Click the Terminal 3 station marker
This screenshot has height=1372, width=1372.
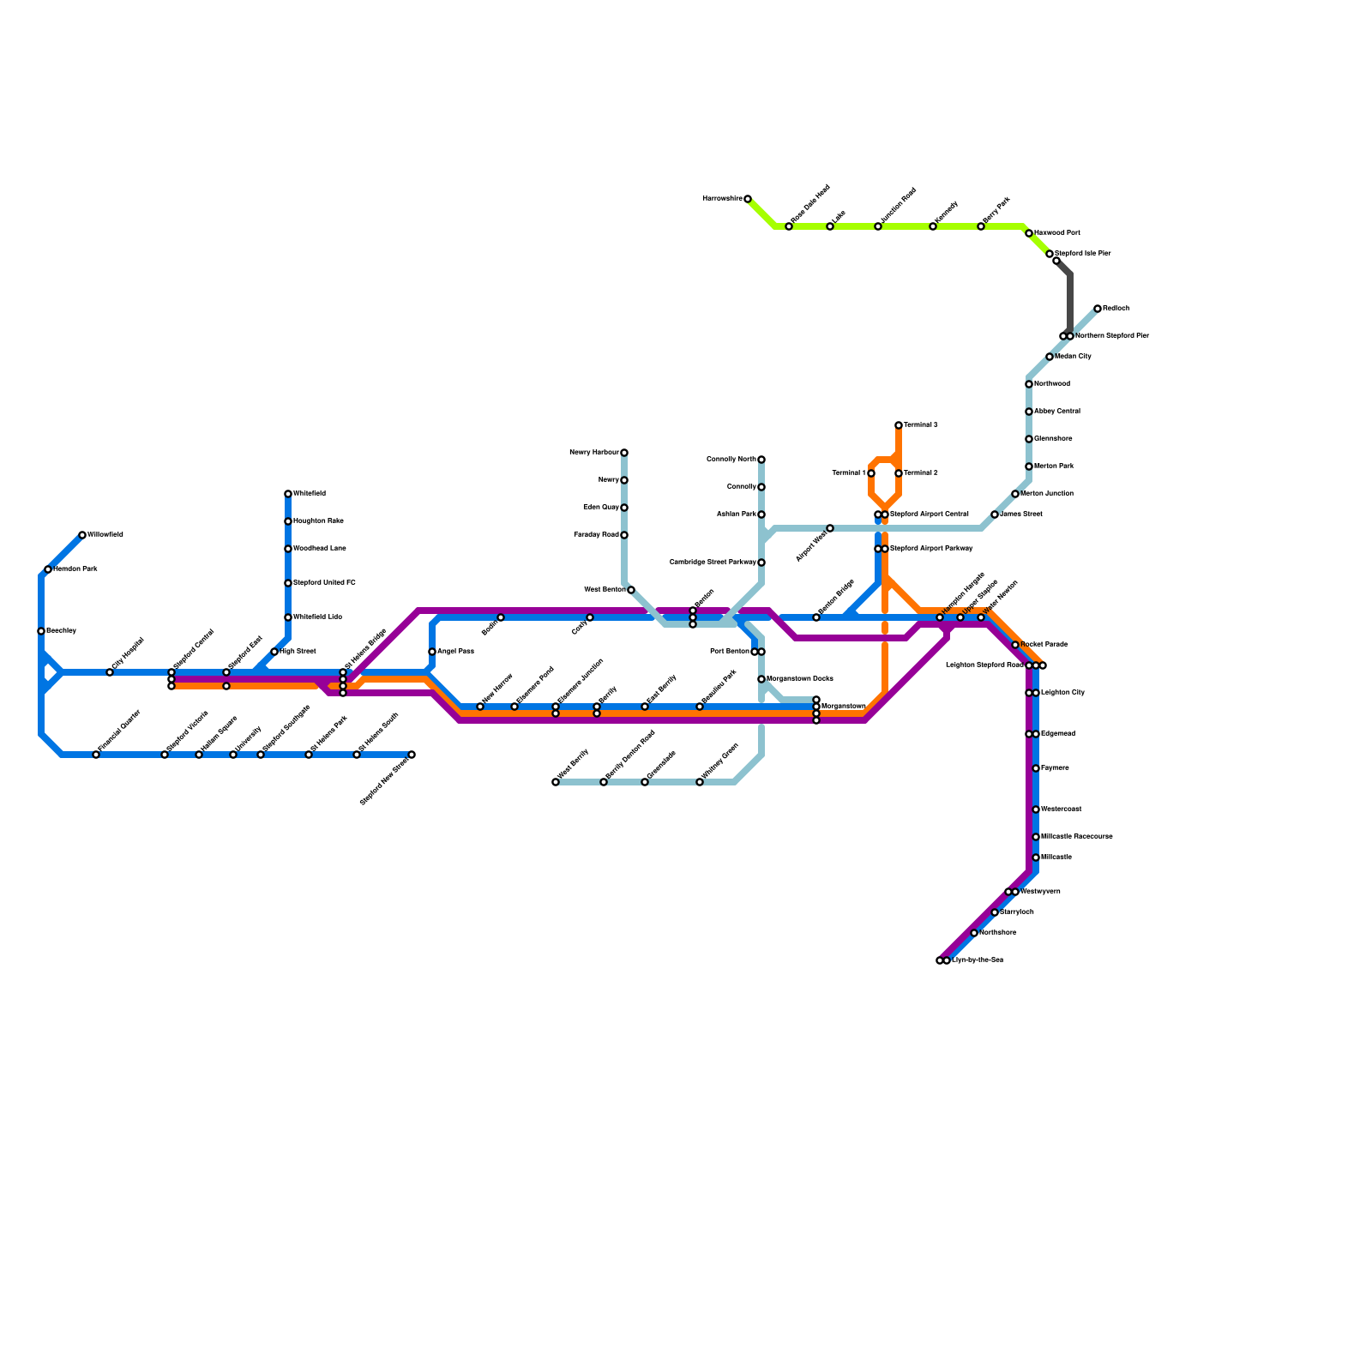click(x=899, y=425)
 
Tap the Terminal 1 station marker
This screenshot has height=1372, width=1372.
click(x=871, y=473)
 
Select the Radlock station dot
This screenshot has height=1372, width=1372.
click(x=1098, y=309)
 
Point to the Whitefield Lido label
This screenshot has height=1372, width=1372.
click(x=318, y=617)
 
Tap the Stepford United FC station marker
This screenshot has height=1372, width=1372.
click(x=288, y=583)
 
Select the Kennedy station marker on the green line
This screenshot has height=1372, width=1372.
click(x=933, y=226)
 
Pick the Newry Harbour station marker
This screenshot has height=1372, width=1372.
click(x=624, y=453)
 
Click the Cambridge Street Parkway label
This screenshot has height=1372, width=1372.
click(x=713, y=563)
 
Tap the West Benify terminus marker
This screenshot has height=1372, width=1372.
click(x=556, y=782)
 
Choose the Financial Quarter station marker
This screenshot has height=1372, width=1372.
click(x=96, y=755)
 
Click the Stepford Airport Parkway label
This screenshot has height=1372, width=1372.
click(x=931, y=549)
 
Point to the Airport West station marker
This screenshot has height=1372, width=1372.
click(x=830, y=528)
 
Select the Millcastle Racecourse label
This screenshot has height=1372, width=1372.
click(x=1077, y=837)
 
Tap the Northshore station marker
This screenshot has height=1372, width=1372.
click(x=974, y=933)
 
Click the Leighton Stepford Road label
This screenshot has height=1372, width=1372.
click(x=984, y=665)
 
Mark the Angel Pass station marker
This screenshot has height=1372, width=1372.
click(x=432, y=652)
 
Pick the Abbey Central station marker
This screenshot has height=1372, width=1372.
click(x=1029, y=412)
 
